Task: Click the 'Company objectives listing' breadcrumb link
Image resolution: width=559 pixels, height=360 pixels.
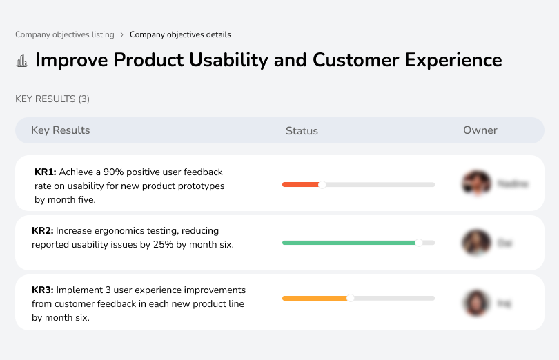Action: pos(65,34)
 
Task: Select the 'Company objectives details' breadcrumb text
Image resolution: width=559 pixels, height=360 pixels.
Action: pos(180,34)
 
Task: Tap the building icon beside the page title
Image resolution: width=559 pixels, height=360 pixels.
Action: pos(22,61)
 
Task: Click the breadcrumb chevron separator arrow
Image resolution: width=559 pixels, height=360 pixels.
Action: pos(122,34)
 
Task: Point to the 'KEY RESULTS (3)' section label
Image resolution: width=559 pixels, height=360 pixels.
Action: pos(52,99)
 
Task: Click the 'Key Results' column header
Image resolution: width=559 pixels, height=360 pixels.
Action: pos(60,130)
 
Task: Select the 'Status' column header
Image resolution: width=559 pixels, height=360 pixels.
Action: pos(302,131)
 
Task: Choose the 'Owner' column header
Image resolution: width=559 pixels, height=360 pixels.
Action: pos(480,130)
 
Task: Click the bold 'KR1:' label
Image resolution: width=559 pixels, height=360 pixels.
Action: pos(45,172)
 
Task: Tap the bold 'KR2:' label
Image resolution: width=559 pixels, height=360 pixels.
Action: pos(43,231)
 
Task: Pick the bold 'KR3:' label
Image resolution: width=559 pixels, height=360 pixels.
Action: pos(43,290)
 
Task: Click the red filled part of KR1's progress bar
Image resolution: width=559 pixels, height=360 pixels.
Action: pos(300,184)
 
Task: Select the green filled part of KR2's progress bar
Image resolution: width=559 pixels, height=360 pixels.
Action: pos(348,243)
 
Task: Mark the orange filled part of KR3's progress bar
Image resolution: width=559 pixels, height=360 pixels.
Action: pos(314,298)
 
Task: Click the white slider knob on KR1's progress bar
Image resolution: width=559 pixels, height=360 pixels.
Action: pos(322,184)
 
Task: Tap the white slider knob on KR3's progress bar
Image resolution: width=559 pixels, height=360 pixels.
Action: pos(351,298)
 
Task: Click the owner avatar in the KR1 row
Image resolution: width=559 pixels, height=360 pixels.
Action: pos(475,183)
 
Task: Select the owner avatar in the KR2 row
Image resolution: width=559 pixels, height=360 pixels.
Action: pos(475,243)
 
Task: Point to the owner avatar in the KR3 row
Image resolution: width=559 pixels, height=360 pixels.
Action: pos(475,302)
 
